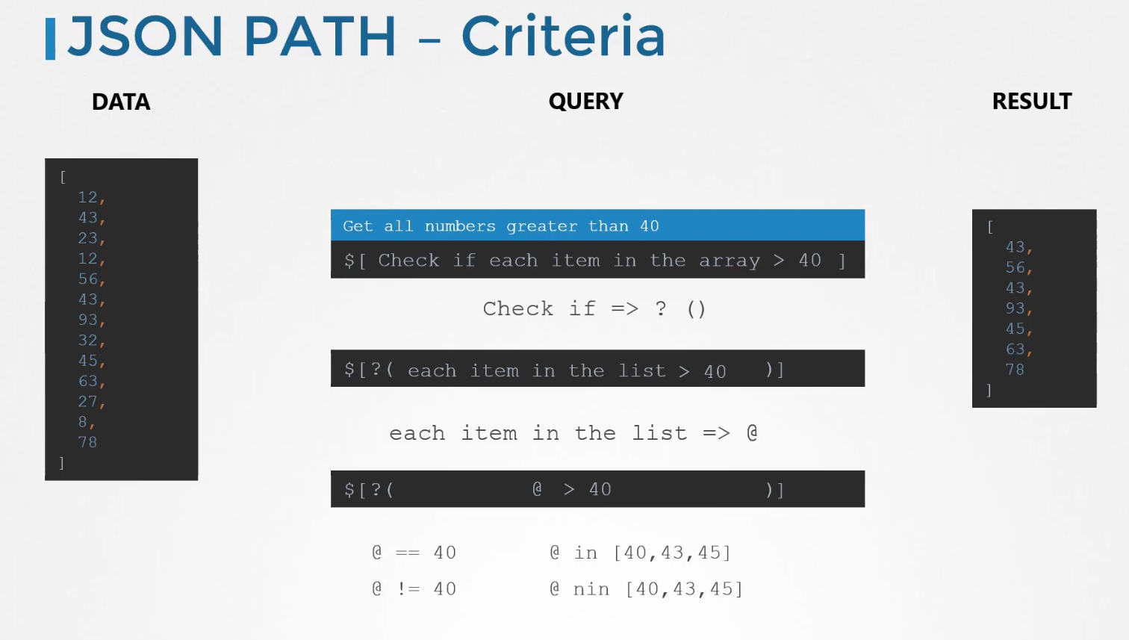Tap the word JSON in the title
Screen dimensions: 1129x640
click(145, 37)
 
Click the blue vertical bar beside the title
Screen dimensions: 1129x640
click(50, 39)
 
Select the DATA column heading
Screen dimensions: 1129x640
click(121, 102)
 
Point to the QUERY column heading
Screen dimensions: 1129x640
click(585, 102)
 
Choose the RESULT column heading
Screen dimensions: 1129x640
click(1032, 102)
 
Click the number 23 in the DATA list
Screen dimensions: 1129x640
click(87, 238)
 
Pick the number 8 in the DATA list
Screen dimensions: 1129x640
click(83, 422)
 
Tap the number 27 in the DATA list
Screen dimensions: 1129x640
click(87, 402)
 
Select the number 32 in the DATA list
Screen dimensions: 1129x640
click(87, 340)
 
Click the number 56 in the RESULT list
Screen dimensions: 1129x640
click(1015, 267)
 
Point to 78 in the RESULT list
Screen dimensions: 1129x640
click(1015, 370)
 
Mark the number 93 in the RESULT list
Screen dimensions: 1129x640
click(1015, 308)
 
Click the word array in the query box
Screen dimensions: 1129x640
click(730, 261)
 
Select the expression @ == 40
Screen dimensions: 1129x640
click(414, 553)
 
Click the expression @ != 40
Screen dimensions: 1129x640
click(414, 589)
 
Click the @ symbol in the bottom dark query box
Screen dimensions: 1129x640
click(538, 489)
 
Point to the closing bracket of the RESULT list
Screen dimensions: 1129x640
click(989, 391)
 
